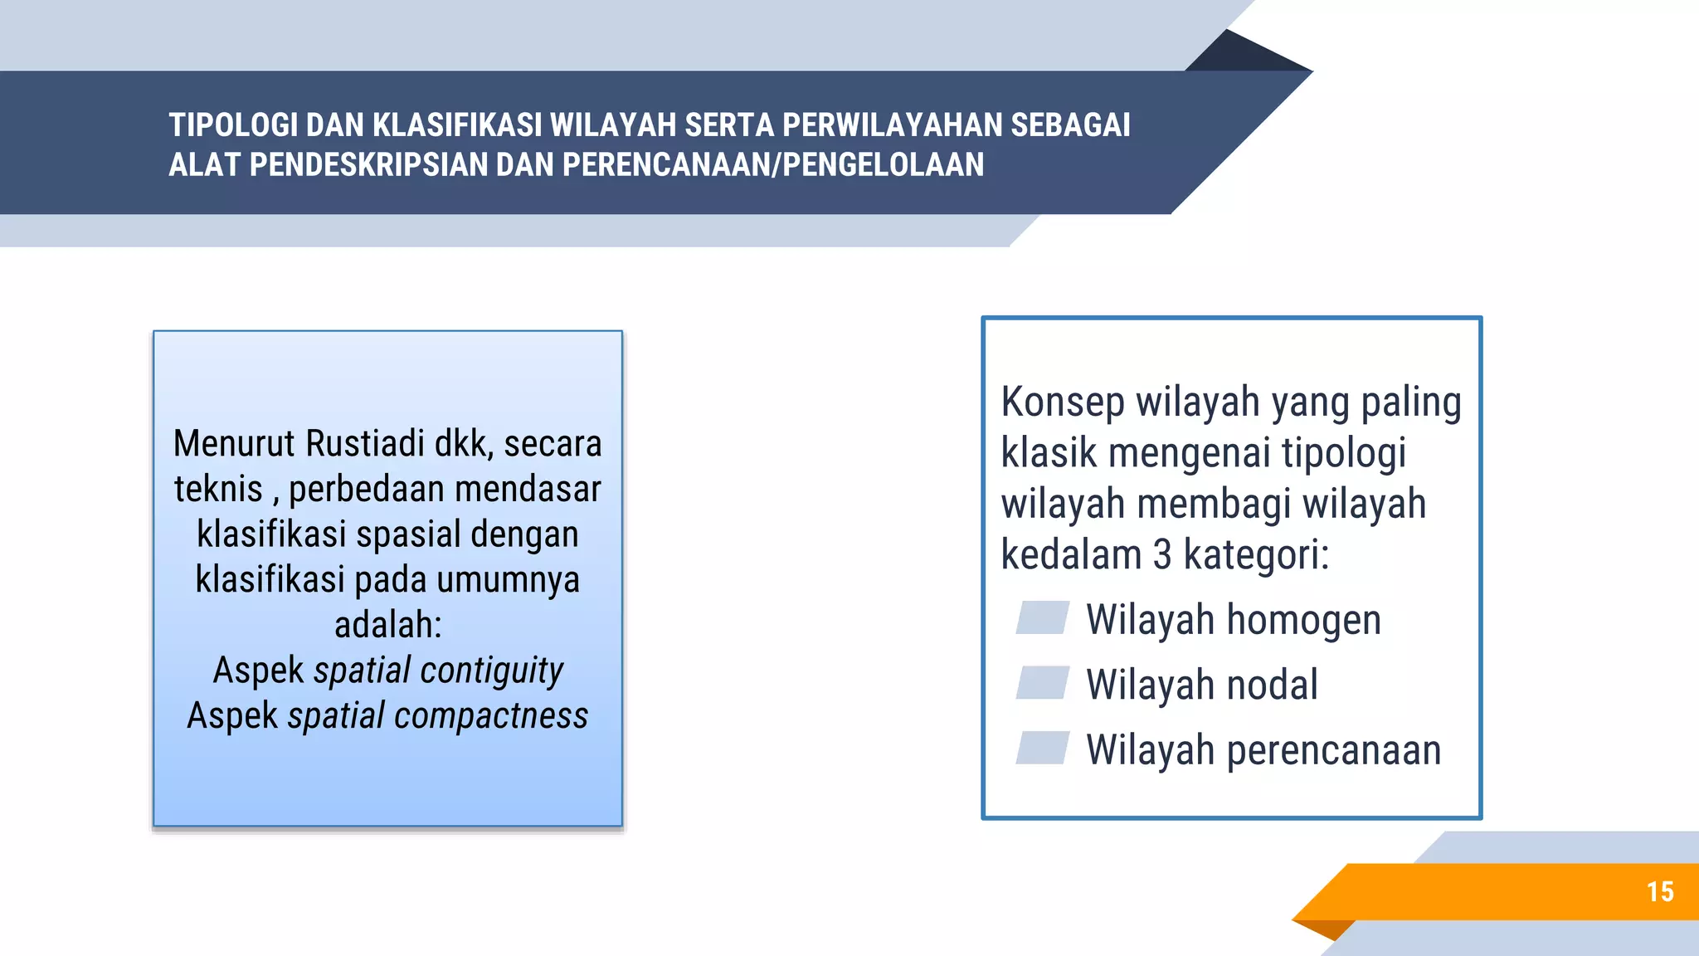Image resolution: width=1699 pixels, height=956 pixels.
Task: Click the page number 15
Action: pos(1660,892)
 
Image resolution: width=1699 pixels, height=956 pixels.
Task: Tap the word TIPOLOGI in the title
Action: pos(233,125)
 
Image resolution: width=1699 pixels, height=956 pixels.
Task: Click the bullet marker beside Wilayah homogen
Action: pos(1042,618)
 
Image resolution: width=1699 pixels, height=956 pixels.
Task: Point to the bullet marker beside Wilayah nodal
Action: pos(1042,683)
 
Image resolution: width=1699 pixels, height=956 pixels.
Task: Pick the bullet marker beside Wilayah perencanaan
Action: pos(1042,748)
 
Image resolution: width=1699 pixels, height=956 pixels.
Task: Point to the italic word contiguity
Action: pos(492,671)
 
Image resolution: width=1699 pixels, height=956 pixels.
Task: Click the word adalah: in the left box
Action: pos(387,625)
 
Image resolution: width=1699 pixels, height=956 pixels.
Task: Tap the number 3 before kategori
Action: pos(1162,554)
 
